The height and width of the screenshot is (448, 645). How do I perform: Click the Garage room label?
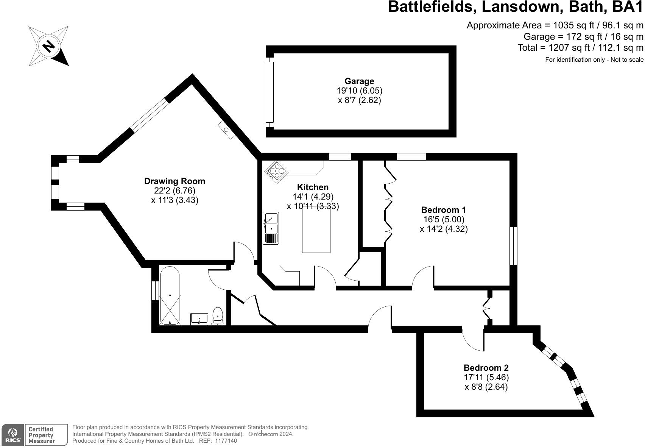click(359, 81)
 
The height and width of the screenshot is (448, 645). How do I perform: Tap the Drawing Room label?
click(174, 181)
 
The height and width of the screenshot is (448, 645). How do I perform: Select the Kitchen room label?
click(313, 187)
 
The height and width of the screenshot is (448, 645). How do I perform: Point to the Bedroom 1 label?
click(444, 210)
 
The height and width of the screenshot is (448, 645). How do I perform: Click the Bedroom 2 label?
click(486, 368)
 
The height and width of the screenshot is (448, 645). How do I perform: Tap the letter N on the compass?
click(48, 46)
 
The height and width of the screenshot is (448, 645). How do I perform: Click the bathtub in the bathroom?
click(170, 295)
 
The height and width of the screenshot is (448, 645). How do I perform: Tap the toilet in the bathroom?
click(218, 316)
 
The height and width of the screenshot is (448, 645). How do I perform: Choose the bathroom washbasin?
click(199, 318)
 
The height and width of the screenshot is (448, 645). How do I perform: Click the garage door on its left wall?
click(270, 92)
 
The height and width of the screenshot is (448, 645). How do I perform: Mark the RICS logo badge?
click(13, 435)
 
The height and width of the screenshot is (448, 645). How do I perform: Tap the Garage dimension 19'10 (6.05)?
click(359, 91)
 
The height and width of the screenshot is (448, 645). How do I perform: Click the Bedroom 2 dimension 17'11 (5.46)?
click(486, 378)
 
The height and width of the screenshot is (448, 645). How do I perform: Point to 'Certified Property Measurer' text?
click(42, 435)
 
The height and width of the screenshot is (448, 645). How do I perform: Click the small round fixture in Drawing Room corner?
click(226, 130)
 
